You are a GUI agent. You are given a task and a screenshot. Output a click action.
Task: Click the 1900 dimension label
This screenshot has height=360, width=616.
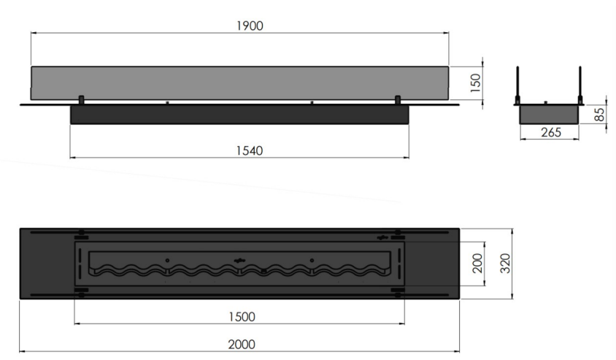point(250,26)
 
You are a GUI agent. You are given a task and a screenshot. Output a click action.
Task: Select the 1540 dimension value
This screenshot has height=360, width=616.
point(250,151)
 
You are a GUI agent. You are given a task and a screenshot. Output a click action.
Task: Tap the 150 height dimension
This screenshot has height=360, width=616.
point(475,83)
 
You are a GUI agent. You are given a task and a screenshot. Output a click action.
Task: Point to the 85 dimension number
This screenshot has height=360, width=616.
point(599,115)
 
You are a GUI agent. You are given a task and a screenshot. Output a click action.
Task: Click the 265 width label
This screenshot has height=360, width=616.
point(551,132)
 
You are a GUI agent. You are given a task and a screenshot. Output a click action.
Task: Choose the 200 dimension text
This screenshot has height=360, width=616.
point(477,264)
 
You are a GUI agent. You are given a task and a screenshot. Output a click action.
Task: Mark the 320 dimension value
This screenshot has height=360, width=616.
point(505,264)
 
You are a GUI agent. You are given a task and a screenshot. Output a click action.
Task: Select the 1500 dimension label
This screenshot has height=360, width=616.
point(242,317)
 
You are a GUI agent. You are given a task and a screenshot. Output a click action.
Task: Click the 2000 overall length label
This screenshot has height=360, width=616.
point(242,344)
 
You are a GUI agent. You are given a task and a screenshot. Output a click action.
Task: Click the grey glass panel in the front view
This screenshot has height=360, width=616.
point(239,83)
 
